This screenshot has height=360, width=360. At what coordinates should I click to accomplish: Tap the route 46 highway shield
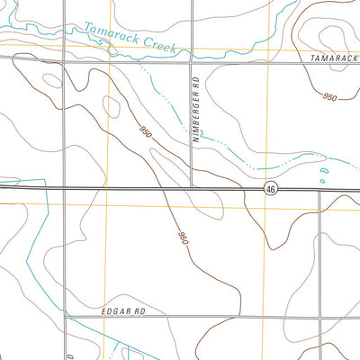[270, 189]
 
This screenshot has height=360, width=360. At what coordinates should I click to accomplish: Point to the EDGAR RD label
[124, 311]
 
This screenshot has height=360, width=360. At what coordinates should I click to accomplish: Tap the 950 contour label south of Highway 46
[183, 238]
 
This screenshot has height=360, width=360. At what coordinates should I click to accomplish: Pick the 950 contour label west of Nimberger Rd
[145, 131]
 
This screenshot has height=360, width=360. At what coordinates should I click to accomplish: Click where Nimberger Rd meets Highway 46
[192, 188]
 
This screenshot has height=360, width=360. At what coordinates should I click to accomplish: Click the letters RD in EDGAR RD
[139, 311]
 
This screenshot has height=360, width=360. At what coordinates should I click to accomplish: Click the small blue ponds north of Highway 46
[325, 171]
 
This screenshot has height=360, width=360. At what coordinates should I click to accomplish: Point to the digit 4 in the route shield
[268, 189]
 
